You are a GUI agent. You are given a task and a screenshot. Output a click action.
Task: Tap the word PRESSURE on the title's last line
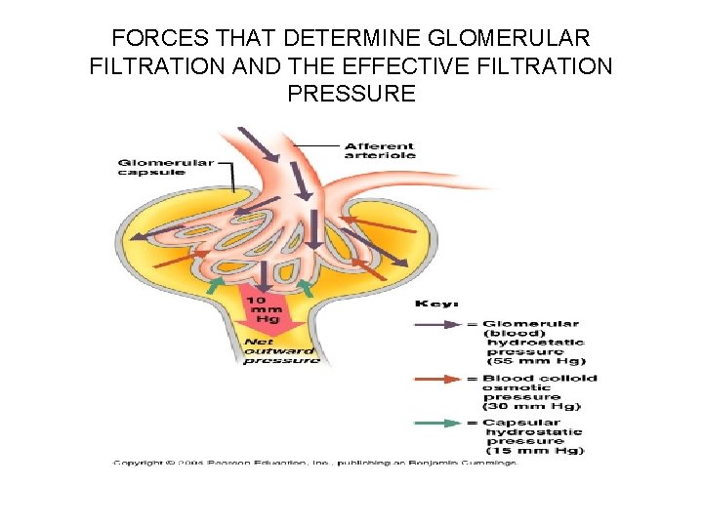tap(351, 94)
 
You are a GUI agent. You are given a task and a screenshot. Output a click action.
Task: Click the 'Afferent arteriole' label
tap(380, 150)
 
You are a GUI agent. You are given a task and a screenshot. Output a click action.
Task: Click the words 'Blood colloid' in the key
tap(540, 379)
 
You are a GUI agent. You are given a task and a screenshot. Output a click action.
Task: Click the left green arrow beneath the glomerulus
tap(217, 284)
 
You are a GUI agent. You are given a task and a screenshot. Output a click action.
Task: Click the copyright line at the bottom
tap(314, 462)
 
